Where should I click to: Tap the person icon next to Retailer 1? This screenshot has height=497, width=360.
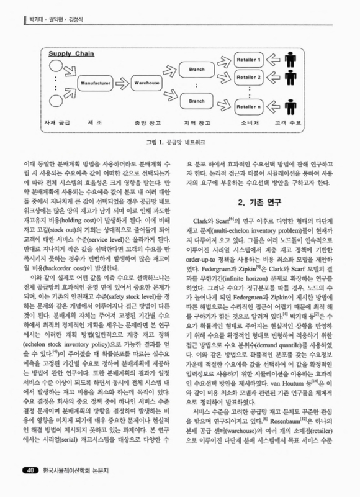click(x=290, y=62)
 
